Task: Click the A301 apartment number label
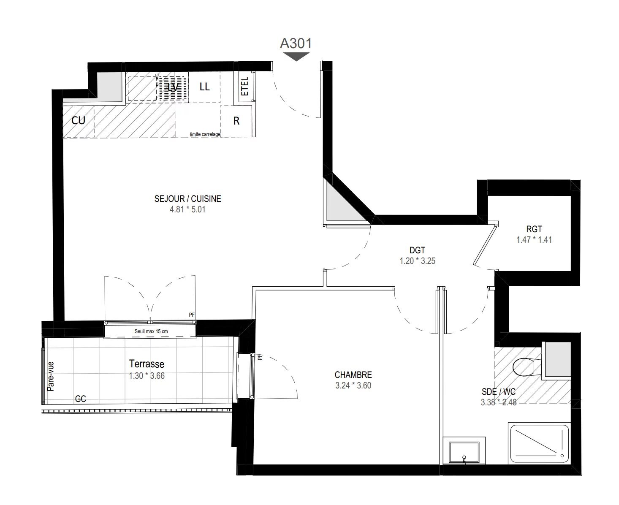(x=296, y=43)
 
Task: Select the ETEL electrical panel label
(x=245, y=88)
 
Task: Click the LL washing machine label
(x=204, y=87)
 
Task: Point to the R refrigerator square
(x=236, y=121)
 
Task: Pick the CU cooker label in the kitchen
(x=78, y=120)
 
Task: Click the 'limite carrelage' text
(x=205, y=134)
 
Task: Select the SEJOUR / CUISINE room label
(x=187, y=198)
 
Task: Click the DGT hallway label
(x=417, y=251)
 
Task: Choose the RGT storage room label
(x=534, y=229)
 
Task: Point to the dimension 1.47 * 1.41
(x=534, y=240)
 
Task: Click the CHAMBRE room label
(x=353, y=375)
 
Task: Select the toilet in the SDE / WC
(x=526, y=366)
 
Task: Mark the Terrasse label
(x=147, y=364)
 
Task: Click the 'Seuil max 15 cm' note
(x=151, y=331)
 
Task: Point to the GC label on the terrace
(x=80, y=399)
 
